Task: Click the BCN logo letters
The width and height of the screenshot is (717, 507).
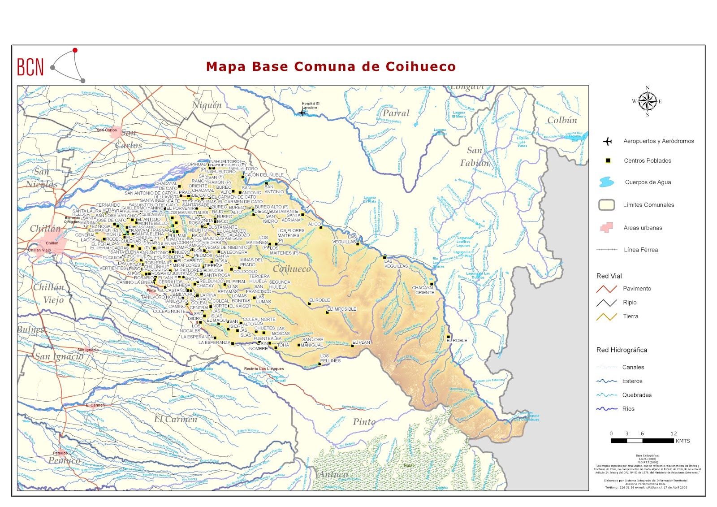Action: (30, 67)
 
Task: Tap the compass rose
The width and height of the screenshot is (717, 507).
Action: (647, 101)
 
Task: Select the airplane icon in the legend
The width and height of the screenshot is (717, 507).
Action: (607, 142)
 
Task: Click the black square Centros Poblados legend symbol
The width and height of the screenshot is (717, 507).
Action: (608, 160)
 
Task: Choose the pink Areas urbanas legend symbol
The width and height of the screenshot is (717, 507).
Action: (606, 228)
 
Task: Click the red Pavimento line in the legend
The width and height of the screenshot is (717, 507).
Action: (606, 289)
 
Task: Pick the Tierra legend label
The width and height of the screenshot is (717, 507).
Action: (630, 316)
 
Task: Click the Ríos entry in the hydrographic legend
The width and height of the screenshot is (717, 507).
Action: (628, 409)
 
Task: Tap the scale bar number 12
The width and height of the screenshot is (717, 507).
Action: (674, 433)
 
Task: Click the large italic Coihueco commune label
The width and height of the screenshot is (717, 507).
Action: (292, 269)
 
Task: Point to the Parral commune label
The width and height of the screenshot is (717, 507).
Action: (396, 113)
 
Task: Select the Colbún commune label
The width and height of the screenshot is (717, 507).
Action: (562, 120)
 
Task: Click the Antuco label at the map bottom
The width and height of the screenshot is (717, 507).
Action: (333, 474)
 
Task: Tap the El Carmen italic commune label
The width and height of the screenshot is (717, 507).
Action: (175, 420)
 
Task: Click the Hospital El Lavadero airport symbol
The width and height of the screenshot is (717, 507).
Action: (302, 113)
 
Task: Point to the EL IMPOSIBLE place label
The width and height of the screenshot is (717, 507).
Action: (343, 309)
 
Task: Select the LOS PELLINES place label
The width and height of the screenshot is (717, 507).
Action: (330, 358)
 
